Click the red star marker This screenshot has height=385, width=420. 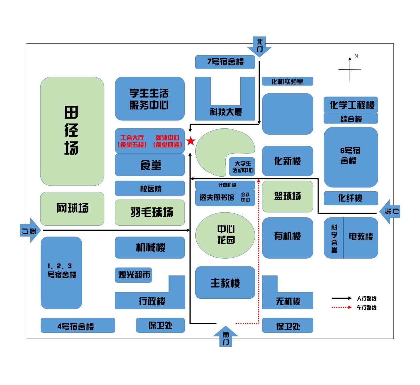[191, 141]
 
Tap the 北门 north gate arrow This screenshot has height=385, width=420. [259, 46]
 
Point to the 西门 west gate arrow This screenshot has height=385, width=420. [30, 230]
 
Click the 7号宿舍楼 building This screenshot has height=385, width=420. [225, 62]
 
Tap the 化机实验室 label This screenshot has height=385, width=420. [287, 81]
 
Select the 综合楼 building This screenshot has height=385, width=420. [351, 119]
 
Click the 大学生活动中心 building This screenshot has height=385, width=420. [243, 167]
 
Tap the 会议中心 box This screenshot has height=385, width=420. [246, 197]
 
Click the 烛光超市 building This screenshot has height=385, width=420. [134, 275]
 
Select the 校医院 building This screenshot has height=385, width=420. [150, 189]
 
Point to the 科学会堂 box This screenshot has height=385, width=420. [334, 238]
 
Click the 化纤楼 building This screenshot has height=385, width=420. [351, 198]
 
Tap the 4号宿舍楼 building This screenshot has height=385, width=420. [78, 326]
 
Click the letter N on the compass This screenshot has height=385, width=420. [356, 56]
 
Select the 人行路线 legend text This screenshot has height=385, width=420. [366, 299]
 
